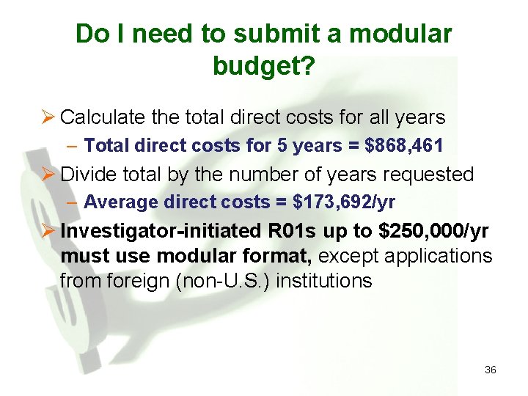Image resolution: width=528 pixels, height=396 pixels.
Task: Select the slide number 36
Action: click(491, 370)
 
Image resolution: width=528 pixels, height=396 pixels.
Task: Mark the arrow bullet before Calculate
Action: click(48, 117)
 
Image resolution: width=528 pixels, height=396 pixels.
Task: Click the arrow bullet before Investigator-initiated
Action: click(48, 230)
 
